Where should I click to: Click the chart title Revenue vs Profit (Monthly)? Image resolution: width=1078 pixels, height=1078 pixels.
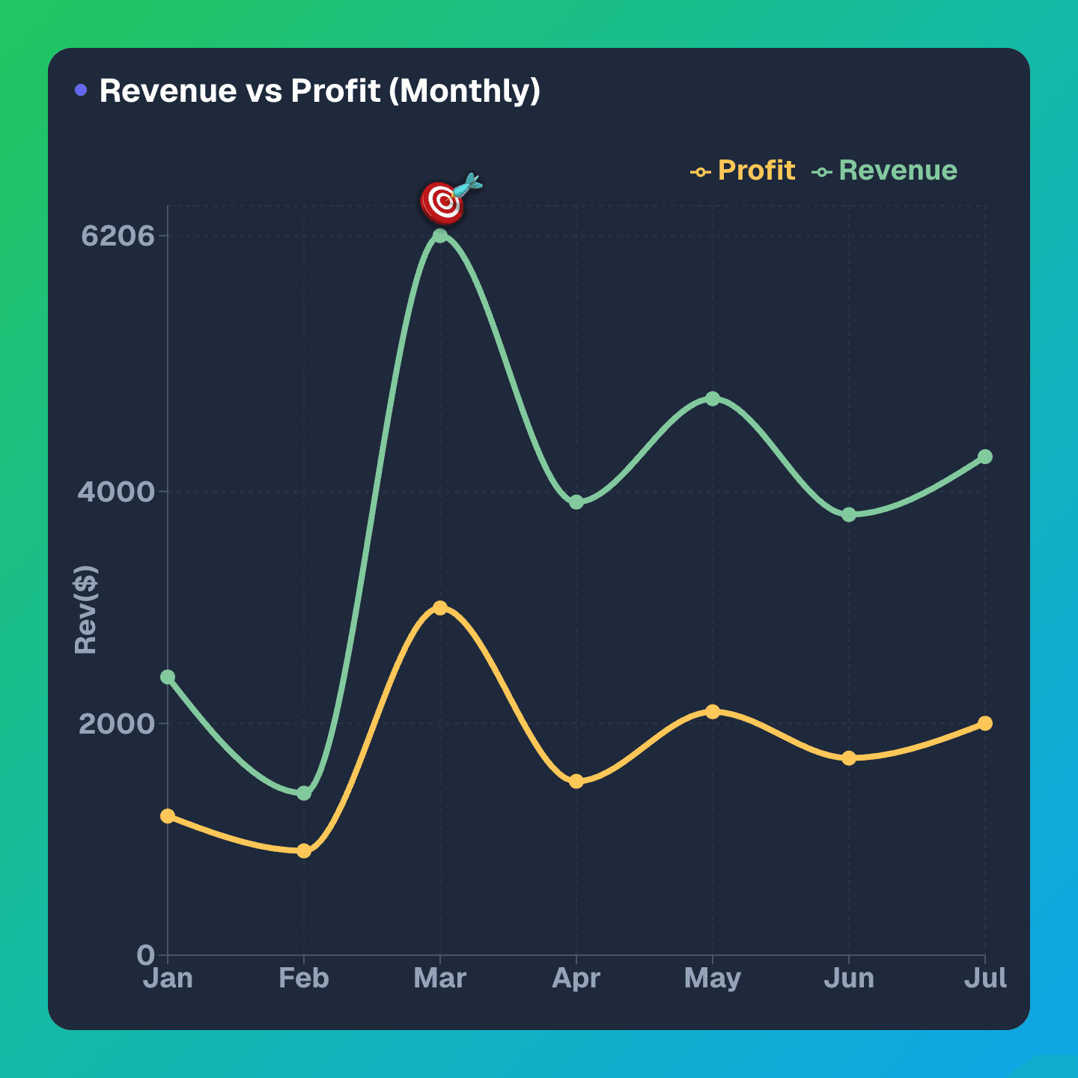[320, 91]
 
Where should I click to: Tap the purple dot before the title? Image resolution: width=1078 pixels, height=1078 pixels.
[81, 91]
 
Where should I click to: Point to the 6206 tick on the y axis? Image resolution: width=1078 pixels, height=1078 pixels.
[118, 236]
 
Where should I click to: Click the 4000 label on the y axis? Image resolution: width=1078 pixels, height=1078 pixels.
[116, 492]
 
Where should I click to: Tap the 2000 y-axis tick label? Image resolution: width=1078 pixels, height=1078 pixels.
[116, 724]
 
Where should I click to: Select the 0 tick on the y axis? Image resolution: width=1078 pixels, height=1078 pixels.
[146, 955]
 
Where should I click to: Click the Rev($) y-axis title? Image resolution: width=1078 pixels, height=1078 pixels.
[86, 610]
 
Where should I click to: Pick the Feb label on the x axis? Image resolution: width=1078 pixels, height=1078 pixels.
[304, 978]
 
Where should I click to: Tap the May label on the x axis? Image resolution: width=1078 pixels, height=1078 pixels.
[713, 978]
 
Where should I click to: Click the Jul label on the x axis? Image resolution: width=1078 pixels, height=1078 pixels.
[985, 978]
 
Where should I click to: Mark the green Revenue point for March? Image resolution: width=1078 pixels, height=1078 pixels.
[440, 236]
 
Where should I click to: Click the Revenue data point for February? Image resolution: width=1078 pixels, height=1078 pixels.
[304, 793]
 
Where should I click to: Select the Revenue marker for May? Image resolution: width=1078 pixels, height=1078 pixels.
[713, 399]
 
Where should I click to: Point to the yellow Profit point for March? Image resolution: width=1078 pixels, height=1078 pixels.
[440, 608]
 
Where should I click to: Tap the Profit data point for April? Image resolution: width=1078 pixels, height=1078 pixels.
[576, 782]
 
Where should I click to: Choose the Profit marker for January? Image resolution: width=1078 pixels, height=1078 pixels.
[168, 816]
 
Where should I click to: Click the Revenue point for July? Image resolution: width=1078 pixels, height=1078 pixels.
[985, 457]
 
